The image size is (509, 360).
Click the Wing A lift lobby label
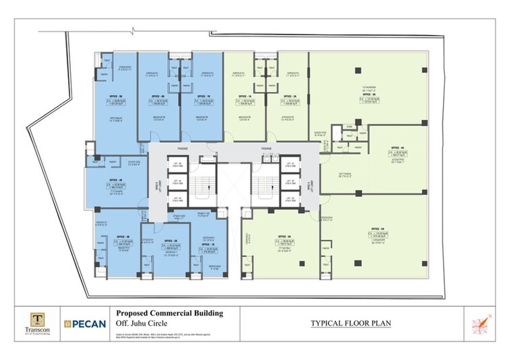point(311,187)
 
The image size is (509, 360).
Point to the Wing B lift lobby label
point(159,187)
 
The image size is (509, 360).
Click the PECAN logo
point(86,324)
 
